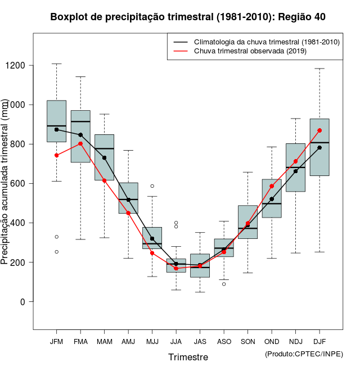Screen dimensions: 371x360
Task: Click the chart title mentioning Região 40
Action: coord(188,17)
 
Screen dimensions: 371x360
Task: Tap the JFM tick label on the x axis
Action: coord(56,342)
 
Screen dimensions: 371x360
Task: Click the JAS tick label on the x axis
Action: coord(200,342)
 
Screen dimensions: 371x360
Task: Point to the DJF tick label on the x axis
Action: coord(319,342)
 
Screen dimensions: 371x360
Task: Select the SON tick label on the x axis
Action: coord(247,342)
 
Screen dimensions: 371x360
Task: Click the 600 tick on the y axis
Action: coord(23,184)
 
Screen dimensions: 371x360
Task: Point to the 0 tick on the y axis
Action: coord(23,302)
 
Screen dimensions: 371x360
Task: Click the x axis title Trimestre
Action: coord(188,357)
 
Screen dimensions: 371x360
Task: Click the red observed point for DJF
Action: coord(319,130)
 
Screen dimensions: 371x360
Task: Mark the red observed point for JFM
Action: coord(56,155)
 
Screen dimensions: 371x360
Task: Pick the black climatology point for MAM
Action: coord(104,158)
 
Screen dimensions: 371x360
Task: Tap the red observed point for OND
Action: coord(272,186)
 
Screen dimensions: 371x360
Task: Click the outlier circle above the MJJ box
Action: coord(152,186)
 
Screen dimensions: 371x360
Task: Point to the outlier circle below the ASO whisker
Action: coord(224,284)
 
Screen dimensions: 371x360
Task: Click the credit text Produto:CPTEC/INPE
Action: coord(304,354)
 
